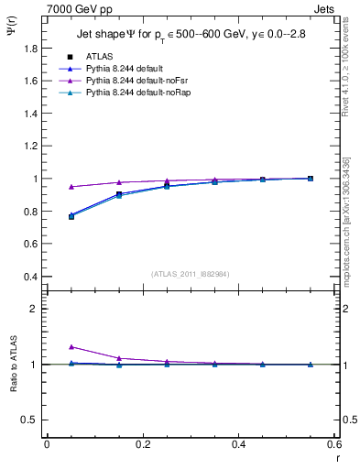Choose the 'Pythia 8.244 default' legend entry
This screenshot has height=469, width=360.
(x=124, y=69)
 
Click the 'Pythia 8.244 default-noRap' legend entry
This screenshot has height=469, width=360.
(x=133, y=94)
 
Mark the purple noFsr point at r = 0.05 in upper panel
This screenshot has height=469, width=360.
(x=71, y=186)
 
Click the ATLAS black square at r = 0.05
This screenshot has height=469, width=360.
(x=71, y=216)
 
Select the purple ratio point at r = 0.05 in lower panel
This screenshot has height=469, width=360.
(x=71, y=346)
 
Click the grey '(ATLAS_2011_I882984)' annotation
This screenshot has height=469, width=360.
(x=191, y=274)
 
